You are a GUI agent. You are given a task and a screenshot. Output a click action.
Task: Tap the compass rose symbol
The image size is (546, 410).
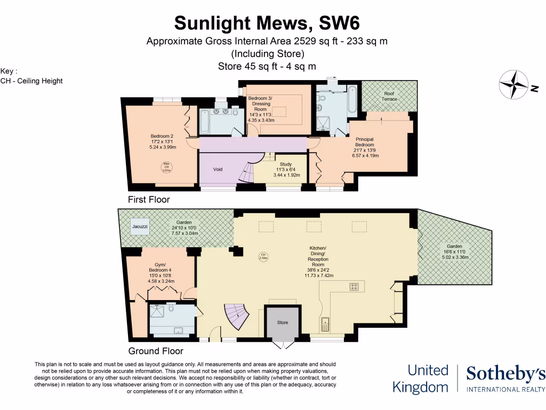coord(515,85)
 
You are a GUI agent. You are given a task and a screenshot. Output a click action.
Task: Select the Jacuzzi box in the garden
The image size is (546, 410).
coord(141,227)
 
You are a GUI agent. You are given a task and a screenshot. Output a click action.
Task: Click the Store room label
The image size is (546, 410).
coord(283,322)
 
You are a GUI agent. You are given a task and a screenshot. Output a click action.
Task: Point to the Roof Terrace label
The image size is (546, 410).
coord(389,96)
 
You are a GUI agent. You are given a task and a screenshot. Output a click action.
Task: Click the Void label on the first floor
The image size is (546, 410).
coord(218,169)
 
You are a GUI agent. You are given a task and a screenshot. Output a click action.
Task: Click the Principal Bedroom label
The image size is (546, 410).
coord(365,142)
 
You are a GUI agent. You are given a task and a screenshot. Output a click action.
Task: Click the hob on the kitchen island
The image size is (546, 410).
coord(354,287)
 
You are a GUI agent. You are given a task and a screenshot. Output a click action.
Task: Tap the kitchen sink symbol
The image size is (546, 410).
coord(324,324)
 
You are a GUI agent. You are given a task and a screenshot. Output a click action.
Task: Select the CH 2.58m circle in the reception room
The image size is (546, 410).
coord(262,256)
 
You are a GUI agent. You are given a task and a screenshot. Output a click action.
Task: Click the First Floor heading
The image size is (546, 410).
coord(149,200)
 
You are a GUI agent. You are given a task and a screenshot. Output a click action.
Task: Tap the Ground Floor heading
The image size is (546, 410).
coord(156,351)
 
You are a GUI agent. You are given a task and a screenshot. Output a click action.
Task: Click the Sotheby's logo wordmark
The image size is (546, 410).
coord(505,375)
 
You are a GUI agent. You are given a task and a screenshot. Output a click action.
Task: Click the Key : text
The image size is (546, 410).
coord(9,71)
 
